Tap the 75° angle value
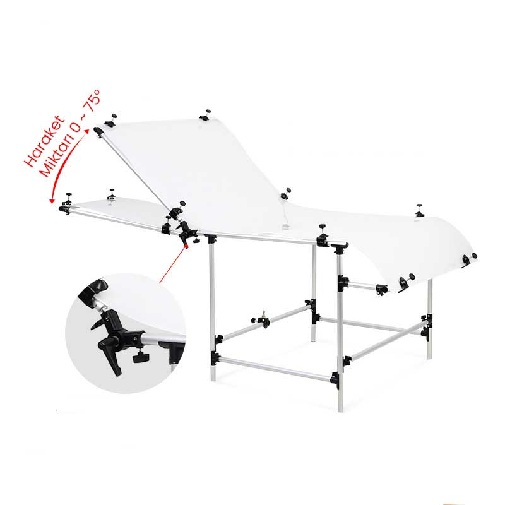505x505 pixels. [x=92, y=100]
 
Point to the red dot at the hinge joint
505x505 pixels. [x=186, y=246]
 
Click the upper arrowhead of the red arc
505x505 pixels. [x=86, y=131]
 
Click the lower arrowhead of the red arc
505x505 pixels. [x=52, y=201]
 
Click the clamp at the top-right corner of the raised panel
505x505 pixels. [x=206, y=115]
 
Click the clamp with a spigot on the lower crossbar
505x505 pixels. [x=261, y=319]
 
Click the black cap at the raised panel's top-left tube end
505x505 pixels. [x=98, y=132]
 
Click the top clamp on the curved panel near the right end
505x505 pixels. [x=419, y=210]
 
